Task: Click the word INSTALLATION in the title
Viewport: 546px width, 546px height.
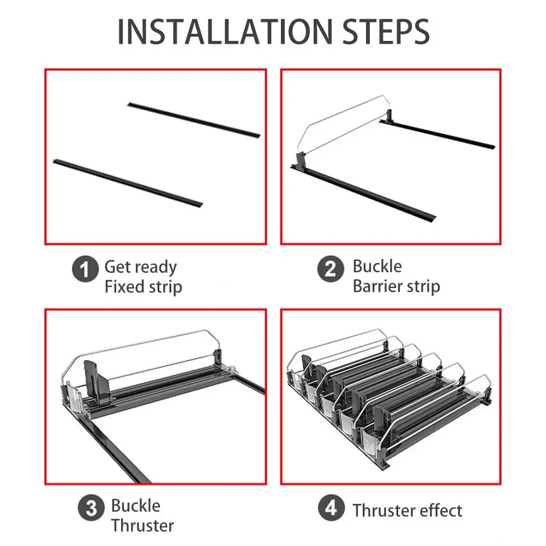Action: pyautogui.click(x=225, y=32)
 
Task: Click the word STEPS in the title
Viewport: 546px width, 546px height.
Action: pyautogui.click(x=386, y=32)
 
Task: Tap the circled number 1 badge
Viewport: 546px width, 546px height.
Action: pyautogui.click(x=85, y=269)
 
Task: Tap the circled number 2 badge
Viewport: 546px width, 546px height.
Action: pyautogui.click(x=331, y=268)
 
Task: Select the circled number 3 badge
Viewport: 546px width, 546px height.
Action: pyautogui.click(x=91, y=508)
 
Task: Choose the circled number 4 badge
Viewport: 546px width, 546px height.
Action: pyautogui.click(x=331, y=508)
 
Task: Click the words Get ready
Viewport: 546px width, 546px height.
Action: pyautogui.click(x=141, y=268)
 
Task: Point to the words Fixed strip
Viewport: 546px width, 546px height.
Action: pyautogui.click(x=143, y=287)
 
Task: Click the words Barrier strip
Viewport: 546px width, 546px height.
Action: pyautogui.click(x=397, y=286)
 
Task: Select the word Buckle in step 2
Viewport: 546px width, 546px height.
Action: pyautogui.click(x=377, y=266)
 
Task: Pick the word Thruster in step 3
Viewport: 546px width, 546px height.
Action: pyautogui.click(x=142, y=525)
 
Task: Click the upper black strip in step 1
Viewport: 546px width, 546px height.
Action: pyautogui.click(x=194, y=120)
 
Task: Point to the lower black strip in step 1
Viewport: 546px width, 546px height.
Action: pyautogui.click(x=128, y=183)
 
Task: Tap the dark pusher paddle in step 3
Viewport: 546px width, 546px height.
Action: pyautogui.click(x=97, y=381)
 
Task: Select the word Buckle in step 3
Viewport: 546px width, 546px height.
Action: pyautogui.click(x=135, y=506)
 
